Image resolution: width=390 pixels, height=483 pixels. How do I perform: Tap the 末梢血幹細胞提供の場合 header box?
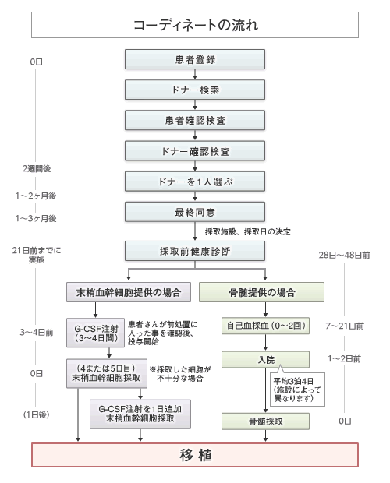tap(127, 293)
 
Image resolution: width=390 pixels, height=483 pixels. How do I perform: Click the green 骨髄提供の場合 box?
tap(261, 293)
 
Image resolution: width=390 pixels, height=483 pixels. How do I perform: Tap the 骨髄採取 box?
tap(261, 421)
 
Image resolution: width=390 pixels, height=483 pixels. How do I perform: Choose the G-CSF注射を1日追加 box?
tap(143, 413)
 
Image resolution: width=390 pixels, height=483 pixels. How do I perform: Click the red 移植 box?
tap(194, 455)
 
